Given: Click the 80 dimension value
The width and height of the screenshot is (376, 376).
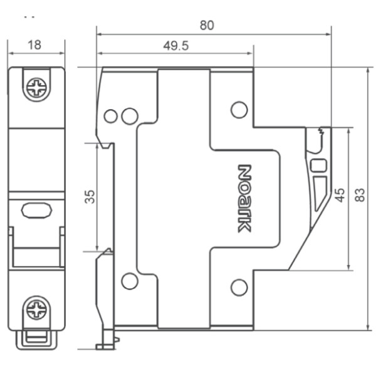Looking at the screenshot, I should click(x=207, y=26).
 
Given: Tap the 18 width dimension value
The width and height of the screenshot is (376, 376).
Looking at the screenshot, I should click(x=35, y=44).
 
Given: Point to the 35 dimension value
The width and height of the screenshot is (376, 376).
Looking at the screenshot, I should click(x=90, y=197).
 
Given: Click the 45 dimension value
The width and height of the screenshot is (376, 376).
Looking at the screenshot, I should click(x=339, y=195).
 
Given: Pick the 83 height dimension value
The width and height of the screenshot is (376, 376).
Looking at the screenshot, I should click(x=359, y=195).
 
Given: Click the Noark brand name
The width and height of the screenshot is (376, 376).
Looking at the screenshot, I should click(x=244, y=198).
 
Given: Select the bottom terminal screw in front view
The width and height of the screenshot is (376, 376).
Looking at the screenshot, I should click(x=36, y=310).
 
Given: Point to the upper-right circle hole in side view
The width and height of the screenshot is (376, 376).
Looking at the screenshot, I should click(x=239, y=110).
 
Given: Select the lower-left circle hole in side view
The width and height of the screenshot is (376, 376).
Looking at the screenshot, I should click(x=130, y=281).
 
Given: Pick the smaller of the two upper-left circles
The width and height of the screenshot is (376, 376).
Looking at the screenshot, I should click(x=111, y=116).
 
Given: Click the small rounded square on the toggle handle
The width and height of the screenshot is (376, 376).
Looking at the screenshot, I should click(x=318, y=165).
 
